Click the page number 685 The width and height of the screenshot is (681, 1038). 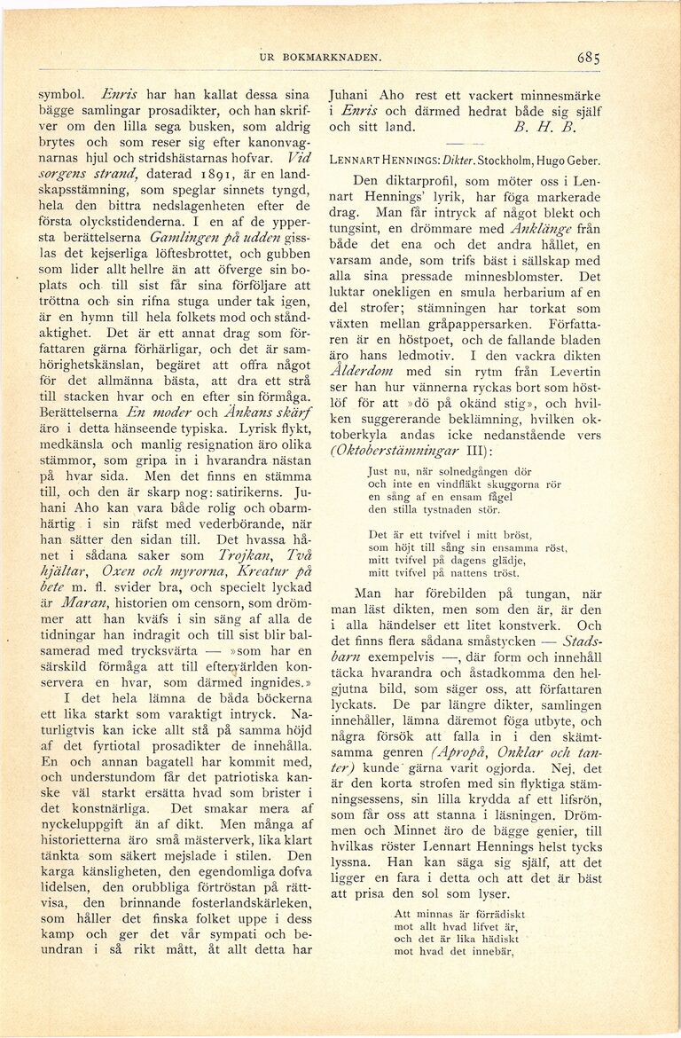[x=590, y=58]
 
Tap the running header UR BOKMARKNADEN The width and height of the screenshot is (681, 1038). [x=320, y=59]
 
